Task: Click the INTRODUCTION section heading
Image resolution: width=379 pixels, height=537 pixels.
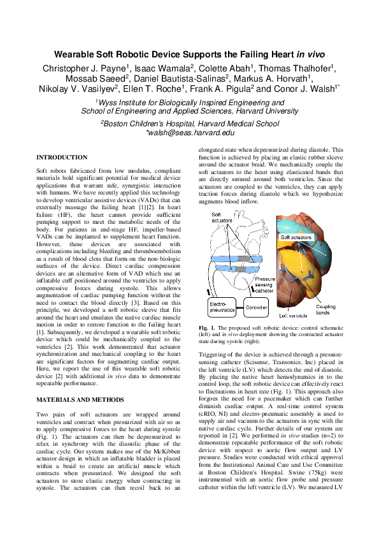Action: [x=62, y=158]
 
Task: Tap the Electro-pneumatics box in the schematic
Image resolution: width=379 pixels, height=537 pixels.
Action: [x=222, y=307]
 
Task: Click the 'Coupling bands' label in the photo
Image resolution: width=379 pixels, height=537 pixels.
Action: [x=325, y=310]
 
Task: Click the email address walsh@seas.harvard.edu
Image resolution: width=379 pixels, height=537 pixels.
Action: [x=190, y=133]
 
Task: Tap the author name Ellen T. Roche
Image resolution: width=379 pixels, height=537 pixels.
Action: [x=149, y=89]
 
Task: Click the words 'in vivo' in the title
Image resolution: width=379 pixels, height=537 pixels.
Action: [x=311, y=55]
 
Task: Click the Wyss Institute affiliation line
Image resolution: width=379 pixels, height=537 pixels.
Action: [x=190, y=102]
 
